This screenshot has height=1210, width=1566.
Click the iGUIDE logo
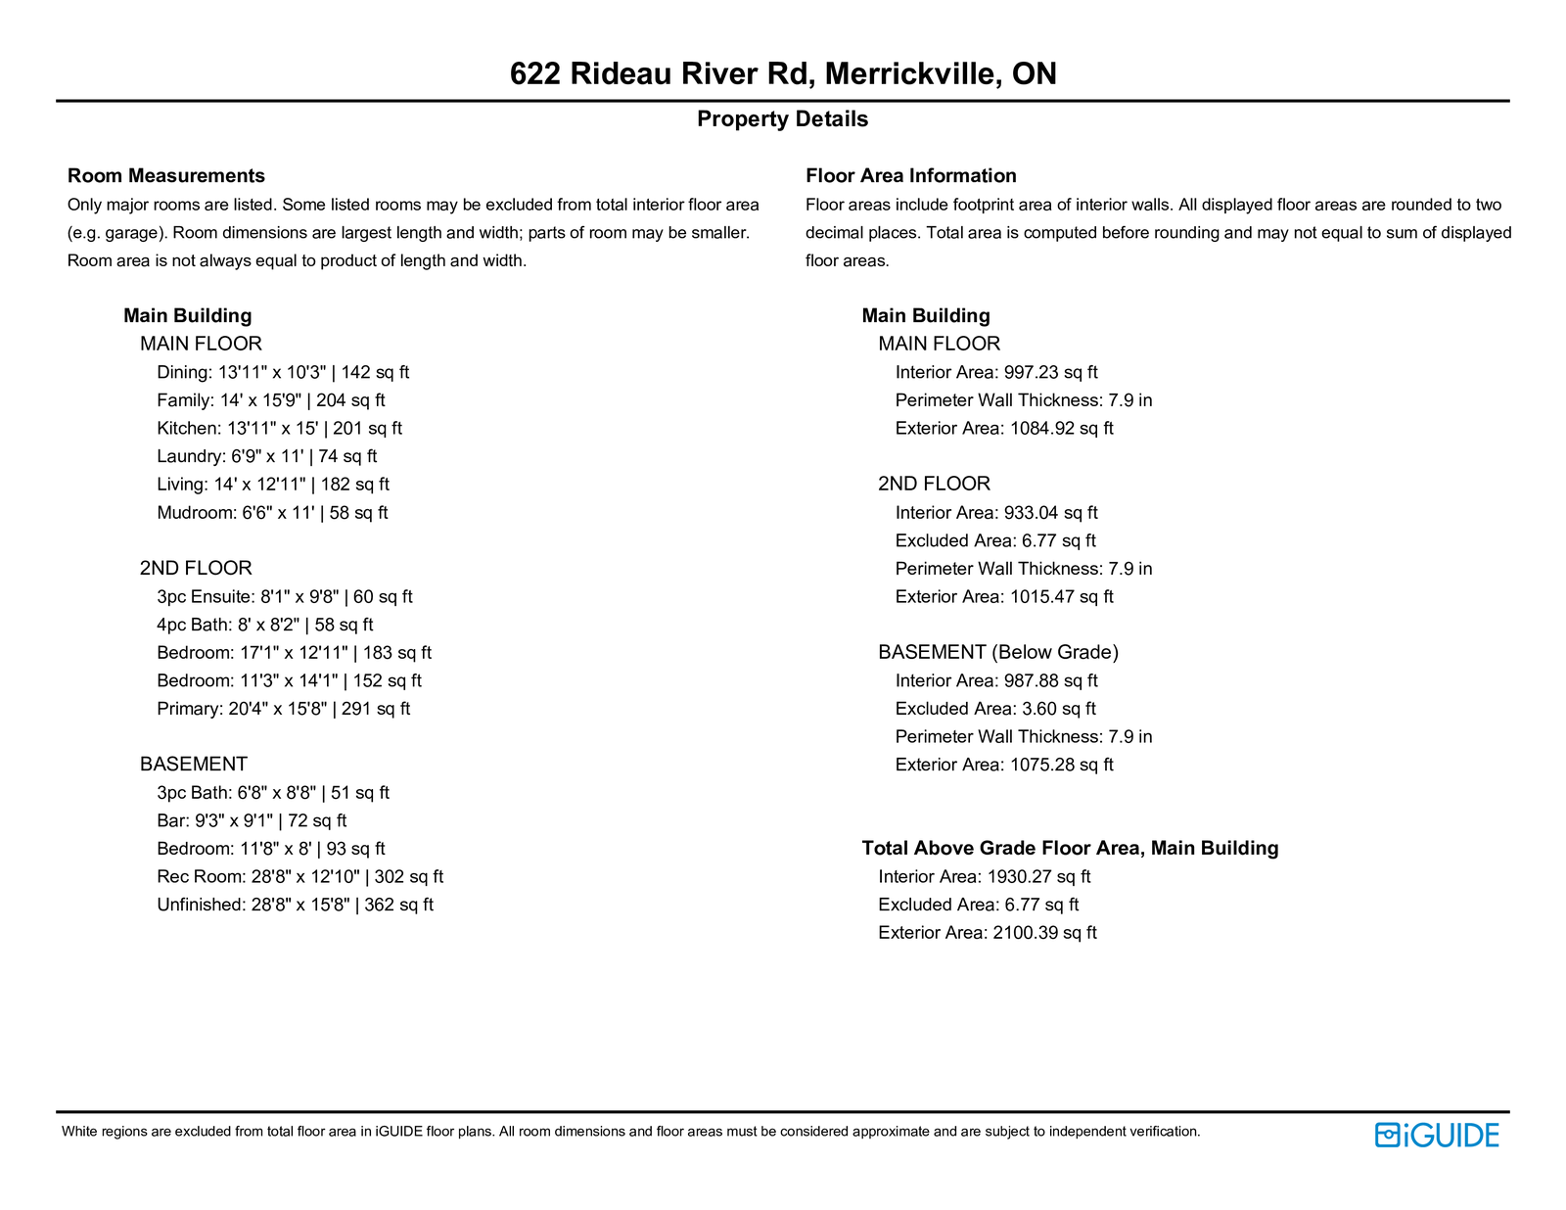pyautogui.click(x=1437, y=1135)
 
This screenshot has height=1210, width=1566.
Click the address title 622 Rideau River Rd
pyautogui.click(x=783, y=73)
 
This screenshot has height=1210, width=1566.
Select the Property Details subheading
pyautogui.click(x=782, y=119)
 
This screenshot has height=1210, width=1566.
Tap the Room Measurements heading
pyautogui.click(x=166, y=176)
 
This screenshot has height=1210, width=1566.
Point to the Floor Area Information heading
pyautogui.click(x=910, y=176)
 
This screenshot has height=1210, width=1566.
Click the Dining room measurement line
pyautogui.click(x=283, y=372)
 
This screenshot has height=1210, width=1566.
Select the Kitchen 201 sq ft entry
pyautogui.click(x=279, y=428)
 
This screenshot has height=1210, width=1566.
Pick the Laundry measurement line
pyautogui.click(x=266, y=456)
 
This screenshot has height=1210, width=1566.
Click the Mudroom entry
pyautogui.click(x=272, y=512)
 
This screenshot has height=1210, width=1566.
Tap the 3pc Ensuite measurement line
pyautogui.click(x=285, y=596)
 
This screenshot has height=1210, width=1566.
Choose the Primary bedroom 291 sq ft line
pyautogui.click(x=283, y=709)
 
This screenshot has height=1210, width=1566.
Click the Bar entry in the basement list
pyautogui.click(x=252, y=820)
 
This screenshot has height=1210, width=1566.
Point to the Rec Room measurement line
pyautogui.click(x=299, y=876)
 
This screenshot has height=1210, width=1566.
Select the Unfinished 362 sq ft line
pyautogui.click(x=295, y=905)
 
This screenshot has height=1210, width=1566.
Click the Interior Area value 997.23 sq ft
pyautogui.click(x=996, y=372)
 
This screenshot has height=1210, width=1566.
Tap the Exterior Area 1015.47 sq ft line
pyautogui.click(x=1004, y=596)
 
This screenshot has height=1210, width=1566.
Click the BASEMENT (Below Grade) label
pyautogui.click(x=998, y=652)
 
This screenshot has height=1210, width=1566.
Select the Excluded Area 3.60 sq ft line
pyautogui.click(x=995, y=709)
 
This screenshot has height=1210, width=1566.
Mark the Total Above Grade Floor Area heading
pyautogui.click(x=1070, y=848)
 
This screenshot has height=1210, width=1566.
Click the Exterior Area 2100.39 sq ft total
pyautogui.click(x=988, y=933)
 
